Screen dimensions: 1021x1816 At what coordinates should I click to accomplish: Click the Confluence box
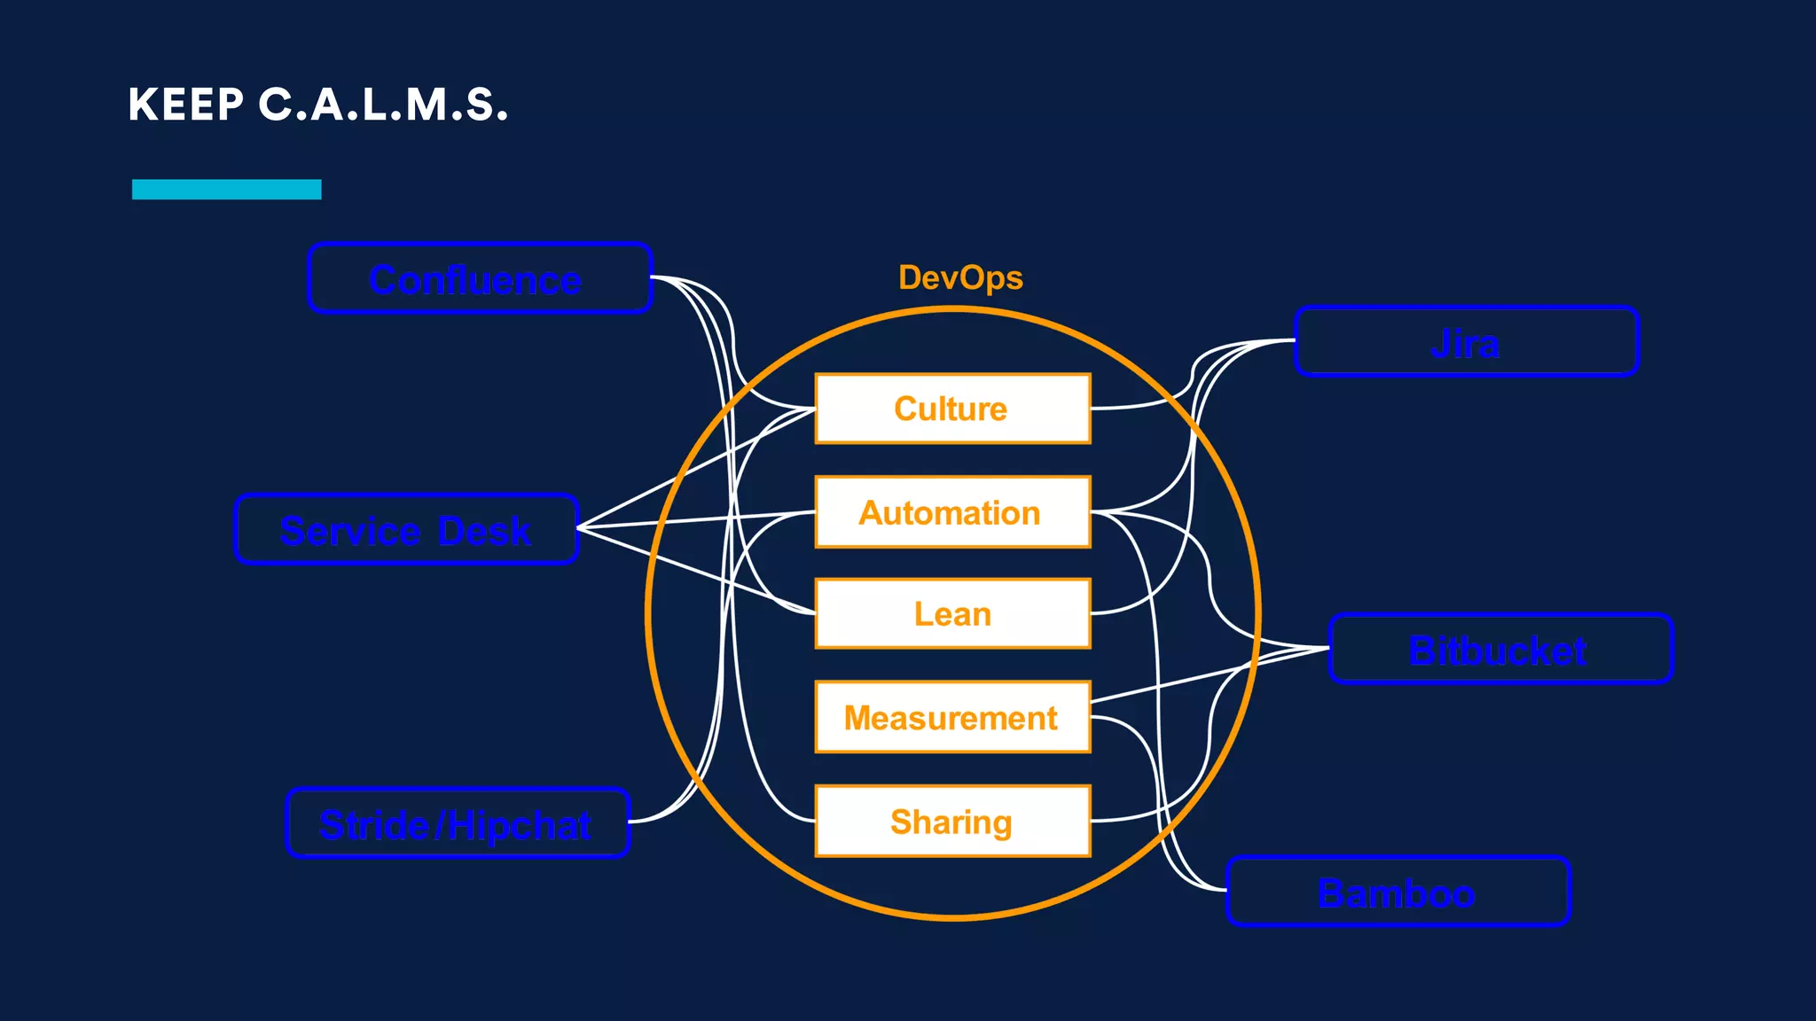point(480,278)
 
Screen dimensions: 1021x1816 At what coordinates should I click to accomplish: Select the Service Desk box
point(406,529)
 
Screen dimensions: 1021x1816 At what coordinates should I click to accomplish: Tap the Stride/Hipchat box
point(458,823)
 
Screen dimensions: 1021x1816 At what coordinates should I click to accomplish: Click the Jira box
point(1466,342)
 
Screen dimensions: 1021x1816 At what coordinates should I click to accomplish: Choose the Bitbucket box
point(1499,649)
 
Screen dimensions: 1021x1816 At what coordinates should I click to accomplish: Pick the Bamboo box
point(1397,892)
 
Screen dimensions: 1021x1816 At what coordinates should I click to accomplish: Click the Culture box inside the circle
point(951,409)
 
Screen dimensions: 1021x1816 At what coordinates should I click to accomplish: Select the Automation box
point(951,512)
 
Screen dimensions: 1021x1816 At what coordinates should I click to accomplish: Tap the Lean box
point(951,614)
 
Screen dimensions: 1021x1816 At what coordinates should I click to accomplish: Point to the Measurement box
point(951,717)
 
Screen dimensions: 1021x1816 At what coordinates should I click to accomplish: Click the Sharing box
point(951,821)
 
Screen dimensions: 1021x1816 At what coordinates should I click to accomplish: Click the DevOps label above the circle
point(960,277)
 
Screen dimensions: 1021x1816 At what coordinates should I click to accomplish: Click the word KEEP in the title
point(185,105)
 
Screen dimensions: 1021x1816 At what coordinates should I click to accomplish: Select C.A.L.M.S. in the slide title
point(383,105)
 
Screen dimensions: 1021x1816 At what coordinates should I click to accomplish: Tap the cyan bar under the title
point(226,189)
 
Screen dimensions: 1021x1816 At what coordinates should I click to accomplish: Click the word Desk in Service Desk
point(484,531)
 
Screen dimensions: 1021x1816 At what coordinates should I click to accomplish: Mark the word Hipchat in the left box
point(519,825)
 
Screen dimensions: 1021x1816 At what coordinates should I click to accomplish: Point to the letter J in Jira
point(1439,344)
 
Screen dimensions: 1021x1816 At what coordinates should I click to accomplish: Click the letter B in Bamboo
point(1331,892)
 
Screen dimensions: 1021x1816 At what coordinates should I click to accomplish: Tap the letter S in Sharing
point(901,822)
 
